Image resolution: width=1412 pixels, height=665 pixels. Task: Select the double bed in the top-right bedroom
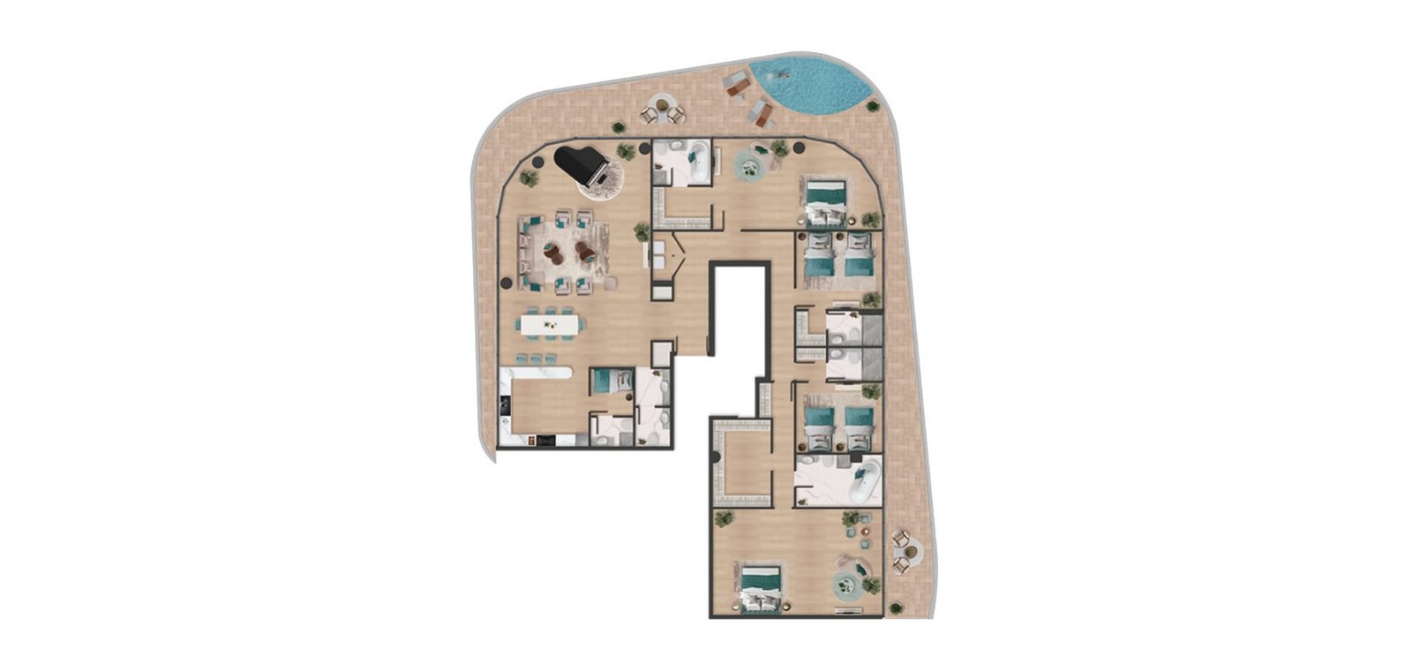(825, 201)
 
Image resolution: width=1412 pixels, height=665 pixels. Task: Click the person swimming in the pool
(782, 73)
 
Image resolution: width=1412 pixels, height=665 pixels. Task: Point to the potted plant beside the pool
(873, 106)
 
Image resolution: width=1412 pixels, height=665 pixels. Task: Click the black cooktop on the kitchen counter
(502, 405)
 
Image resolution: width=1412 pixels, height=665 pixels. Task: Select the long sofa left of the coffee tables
(528, 252)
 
